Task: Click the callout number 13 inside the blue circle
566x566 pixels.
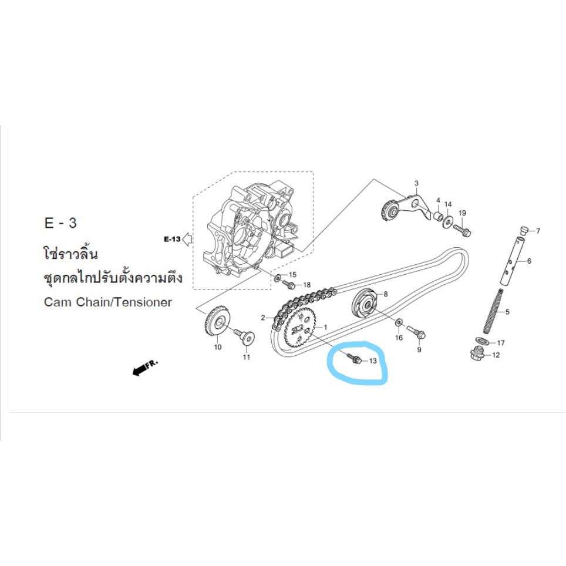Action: (x=373, y=361)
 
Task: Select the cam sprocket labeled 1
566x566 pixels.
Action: (x=301, y=330)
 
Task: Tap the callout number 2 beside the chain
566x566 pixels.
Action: (x=263, y=318)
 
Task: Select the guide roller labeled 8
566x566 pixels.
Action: (x=365, y=306)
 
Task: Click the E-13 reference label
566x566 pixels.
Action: (x=172, y=239)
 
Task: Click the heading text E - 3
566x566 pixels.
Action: (x=60, y=223)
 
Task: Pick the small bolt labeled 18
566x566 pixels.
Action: (x=289, y=284)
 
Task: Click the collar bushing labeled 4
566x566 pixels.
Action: (x=437, y=217)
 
